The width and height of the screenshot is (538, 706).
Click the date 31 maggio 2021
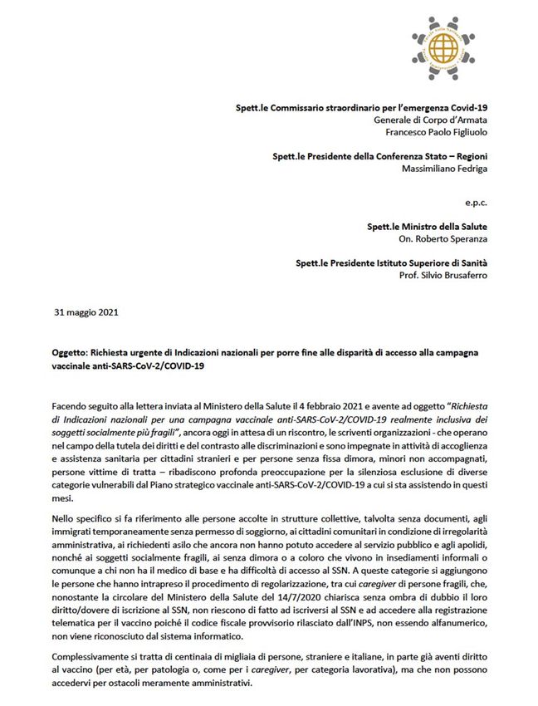[86, 313]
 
